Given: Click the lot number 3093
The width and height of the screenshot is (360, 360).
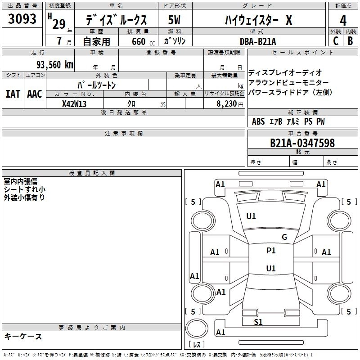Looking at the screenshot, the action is coord(22,18).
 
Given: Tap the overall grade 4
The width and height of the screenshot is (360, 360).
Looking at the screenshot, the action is coord(343,21).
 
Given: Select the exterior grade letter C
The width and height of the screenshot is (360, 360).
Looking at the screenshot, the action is coord(336,41).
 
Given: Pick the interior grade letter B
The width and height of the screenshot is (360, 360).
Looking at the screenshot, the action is coord(350,41).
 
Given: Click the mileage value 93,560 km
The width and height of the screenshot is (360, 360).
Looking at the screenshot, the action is coord(55,65).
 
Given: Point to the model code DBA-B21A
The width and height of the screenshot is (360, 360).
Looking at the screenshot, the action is coord(258,41).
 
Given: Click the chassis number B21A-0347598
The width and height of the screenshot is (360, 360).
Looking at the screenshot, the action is coord(302,143).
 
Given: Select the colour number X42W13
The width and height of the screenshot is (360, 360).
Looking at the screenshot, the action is coord(74,104).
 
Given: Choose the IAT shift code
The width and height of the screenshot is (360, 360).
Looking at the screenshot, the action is coord(13,94).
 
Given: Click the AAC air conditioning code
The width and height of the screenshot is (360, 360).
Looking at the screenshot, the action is coord(35,94).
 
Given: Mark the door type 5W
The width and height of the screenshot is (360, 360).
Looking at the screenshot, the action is coord(174,20).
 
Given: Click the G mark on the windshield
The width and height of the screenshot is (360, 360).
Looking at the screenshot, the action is coord(284,237).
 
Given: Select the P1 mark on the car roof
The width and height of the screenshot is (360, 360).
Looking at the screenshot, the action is coord(271,251).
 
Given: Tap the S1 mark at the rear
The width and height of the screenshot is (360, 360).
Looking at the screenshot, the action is coord(258,322).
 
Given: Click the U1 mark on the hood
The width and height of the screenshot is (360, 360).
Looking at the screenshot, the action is coord(251,216).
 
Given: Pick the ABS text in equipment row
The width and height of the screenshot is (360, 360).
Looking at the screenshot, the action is coord(258,121).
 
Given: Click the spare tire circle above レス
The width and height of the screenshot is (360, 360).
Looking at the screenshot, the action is coord(197,328).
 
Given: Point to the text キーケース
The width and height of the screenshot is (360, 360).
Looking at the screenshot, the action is coord(23,336).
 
